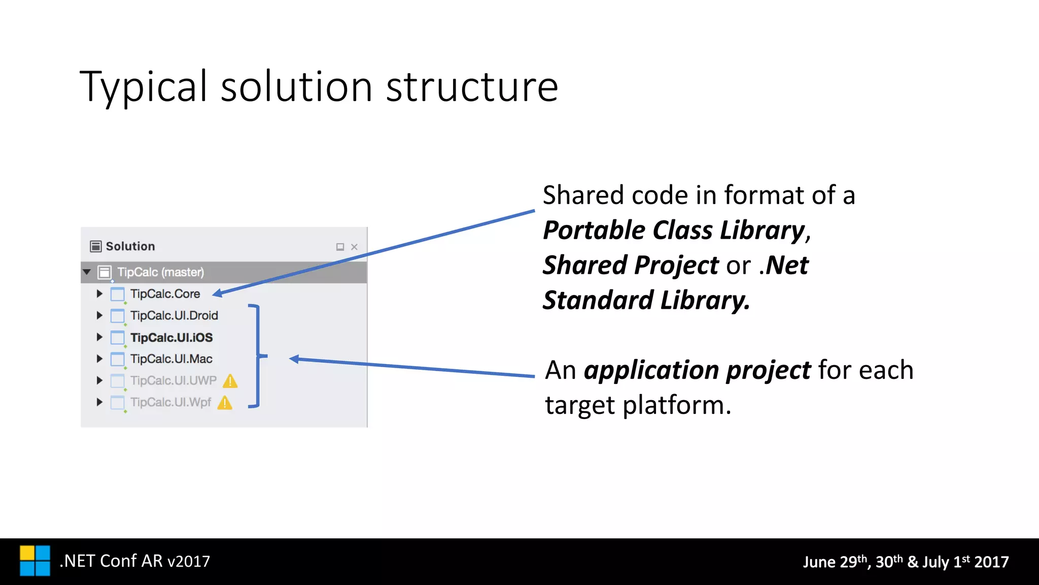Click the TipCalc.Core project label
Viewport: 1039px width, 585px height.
165,294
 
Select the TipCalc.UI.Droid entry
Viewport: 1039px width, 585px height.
174,315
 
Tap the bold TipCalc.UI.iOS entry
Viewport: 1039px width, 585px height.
171,337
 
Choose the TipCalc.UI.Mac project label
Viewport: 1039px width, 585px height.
171,359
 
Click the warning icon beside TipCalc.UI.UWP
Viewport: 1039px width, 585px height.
230,381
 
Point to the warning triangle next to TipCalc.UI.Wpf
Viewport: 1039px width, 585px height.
225,403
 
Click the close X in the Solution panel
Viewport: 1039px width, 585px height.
354,247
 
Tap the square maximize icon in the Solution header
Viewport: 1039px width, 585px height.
340,247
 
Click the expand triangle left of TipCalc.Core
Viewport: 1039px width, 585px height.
99,294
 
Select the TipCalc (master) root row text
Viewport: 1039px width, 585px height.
160,272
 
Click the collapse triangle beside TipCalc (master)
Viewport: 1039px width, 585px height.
87,272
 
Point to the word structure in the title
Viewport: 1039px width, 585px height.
472,87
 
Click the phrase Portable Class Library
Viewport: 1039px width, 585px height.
674,230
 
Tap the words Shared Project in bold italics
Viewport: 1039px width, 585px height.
631,265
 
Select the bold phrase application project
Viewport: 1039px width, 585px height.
697,370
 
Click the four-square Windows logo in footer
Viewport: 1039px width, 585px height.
35,561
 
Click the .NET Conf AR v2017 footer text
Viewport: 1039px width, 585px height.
134,561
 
